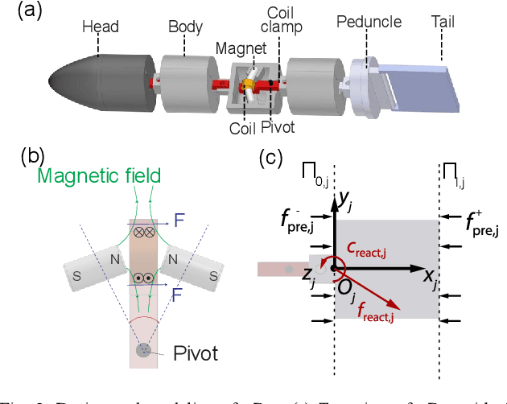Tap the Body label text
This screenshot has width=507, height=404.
pos(185,27)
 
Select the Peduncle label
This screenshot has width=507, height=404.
pos(369,19)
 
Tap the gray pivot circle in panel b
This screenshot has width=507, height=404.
pos(142,350)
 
